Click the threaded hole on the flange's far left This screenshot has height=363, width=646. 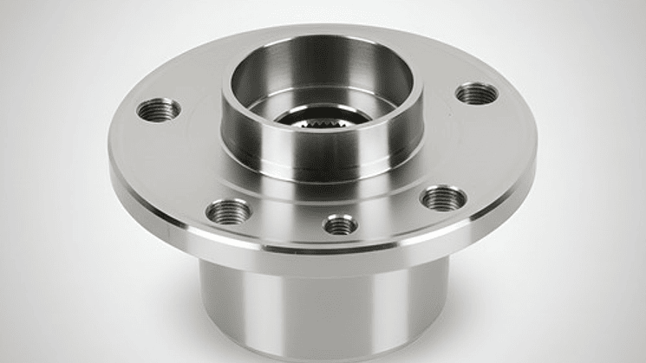[159, 110]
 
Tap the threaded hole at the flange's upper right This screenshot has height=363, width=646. [476, 93]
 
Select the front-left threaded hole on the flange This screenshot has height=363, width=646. [229, 211]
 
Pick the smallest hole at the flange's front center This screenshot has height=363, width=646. [340, 225]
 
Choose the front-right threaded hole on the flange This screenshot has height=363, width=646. [443, 198]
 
